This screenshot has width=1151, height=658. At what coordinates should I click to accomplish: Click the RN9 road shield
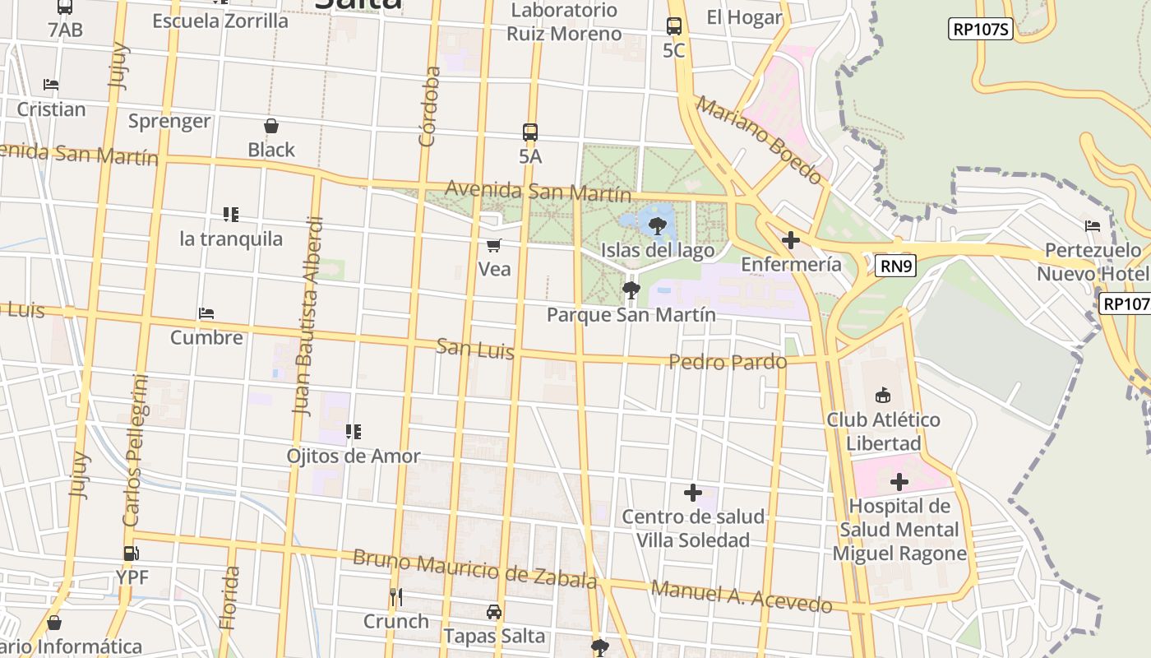pos(895,266)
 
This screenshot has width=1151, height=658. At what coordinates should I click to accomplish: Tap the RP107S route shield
pos(980,29)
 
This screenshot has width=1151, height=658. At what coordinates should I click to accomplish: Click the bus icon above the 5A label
pos(530,132)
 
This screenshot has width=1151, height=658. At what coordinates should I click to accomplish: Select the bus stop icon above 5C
pos(674,26)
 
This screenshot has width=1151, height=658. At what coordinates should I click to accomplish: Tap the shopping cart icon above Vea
pos(494,245)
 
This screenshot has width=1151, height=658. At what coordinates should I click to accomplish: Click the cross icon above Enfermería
pos(791,240)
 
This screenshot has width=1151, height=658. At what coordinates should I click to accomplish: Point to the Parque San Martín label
pos(631,314)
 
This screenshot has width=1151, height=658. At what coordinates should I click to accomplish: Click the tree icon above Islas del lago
pos(657,226)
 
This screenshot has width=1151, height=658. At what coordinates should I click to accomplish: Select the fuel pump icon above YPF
pos(132,553)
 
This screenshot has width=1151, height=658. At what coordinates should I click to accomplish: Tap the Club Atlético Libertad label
pos(883,431)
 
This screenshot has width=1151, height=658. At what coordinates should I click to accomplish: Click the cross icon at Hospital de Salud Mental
pos(899,482)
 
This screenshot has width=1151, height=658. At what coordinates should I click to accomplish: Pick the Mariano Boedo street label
pos(759,140)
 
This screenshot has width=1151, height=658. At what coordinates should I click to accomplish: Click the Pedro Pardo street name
pos(727,362)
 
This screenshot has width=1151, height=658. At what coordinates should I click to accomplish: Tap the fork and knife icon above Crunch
pos(396,597)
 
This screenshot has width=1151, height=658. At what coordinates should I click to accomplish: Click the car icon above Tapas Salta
pos(493,612)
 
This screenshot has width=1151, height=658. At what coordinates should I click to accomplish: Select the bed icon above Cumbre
pos(206,313)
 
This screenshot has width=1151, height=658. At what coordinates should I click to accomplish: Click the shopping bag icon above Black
pos(271,126)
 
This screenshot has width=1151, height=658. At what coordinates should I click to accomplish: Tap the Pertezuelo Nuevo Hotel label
pos(1093,262)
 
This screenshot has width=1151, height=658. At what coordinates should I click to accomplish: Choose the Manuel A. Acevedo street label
pos(741,597)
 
